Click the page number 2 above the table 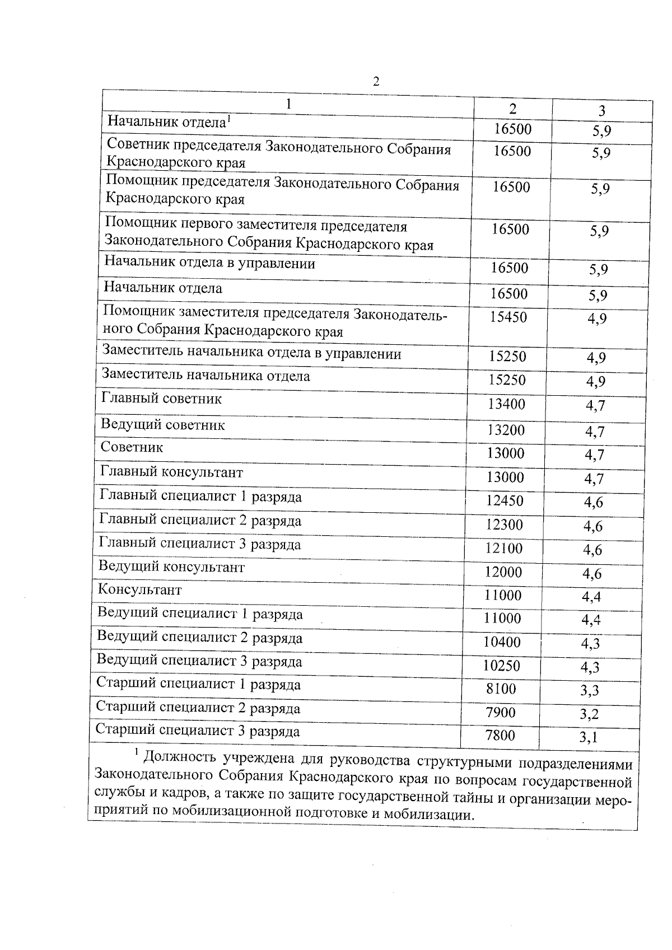click(x=376, y=82)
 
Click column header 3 click(x=601, y=110)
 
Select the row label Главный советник click(x=161, y=399)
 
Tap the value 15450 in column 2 click(x=508, y=317)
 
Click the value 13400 click(x=506, y=404)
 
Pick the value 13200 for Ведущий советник click(x=506, y=429)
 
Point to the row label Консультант click(x=140, y=589)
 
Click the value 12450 click(x=505, y=500)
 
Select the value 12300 click(x=505, y=525)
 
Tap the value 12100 click(x=504, y=548)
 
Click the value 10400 click(x=502, y=642)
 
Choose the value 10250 click(x=502, y=666)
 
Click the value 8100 click(x=501, y=689)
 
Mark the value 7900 click(x=501, y=712)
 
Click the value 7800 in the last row click(x=500, y=735)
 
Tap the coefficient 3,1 click(x=589, y=737)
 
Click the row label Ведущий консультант click(x=171, y=567)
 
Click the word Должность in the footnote click(x=180, y=759)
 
